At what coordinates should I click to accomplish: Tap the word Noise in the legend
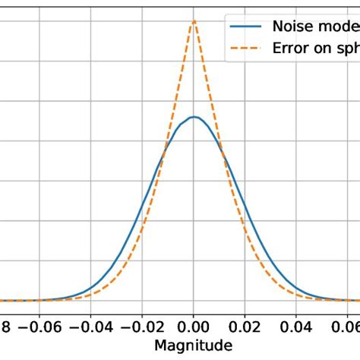point(295,26)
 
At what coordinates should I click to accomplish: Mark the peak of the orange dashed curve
point(194,21)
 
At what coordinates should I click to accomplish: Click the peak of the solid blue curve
point(194,116)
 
